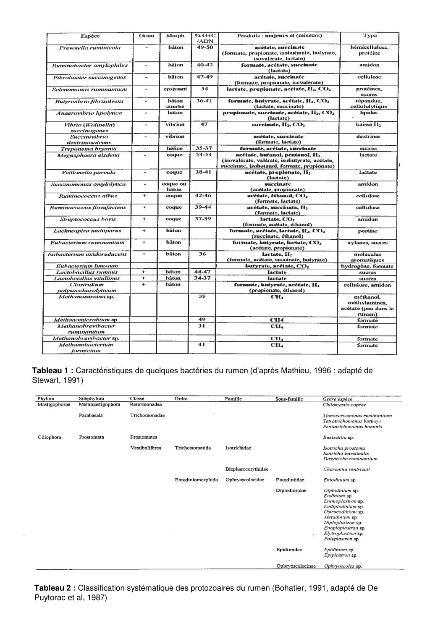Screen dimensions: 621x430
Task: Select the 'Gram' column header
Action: pyautogui.click(x=146, y=36)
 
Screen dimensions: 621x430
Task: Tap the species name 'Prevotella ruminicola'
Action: pyautogui.click(x=90, y=47)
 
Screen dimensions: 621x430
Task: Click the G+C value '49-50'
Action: pyautogui.click(x=205, y=47)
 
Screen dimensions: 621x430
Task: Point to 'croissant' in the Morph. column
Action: pyautogui.click(x=175, y=89)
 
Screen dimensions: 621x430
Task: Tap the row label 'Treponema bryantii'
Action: pyautogui.click(x=89, y=149)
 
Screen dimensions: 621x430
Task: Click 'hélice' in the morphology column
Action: pyautogui.click(x=175, y=149)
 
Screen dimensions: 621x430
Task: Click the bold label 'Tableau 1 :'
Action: pyautogui.click(x=53, y=371)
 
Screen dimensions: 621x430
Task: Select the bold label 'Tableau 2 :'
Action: pyautogui.click(x=55, y=588)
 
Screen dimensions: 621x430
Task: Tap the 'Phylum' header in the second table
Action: pyautogui.click(x=46, y=399)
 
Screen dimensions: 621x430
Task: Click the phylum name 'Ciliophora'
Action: pyautogui.click(x=49, y=437)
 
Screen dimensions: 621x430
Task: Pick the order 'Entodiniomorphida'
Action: pyautogui.click(x=196, y=480)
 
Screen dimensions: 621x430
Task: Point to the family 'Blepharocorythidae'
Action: pyautogui.click(x=247, y=469)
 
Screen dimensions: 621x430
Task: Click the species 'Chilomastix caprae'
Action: pyautogui.click(x=344, y=405)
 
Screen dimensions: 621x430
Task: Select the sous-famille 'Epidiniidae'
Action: pyautogui.click(x=289, y=550)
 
